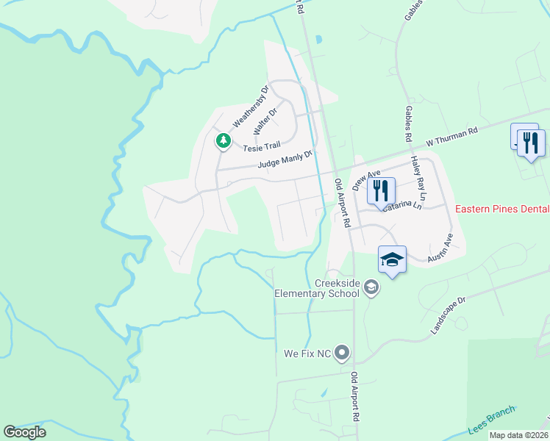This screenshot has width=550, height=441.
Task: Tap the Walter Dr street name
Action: tap(264, 121)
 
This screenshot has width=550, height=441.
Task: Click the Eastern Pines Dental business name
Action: tap(502, 209)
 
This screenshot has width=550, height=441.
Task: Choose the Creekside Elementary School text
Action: tap(317, 288)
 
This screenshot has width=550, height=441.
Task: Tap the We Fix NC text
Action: tap(307, 354)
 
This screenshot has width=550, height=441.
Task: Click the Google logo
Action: tap(24, 432)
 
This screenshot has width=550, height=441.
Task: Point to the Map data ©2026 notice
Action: tap(518, 435)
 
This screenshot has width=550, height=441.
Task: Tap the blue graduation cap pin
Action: tap(393, 260)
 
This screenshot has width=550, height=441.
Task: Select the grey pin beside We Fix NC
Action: tap(342, 354)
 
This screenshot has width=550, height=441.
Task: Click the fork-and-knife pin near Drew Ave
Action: tap(381, 191)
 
